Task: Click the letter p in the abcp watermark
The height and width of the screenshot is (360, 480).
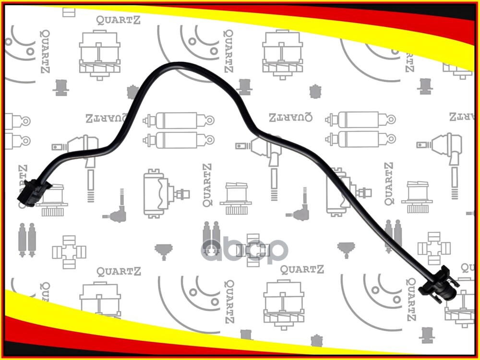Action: coord(276,251)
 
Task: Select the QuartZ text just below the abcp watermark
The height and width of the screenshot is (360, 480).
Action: coord(302,270)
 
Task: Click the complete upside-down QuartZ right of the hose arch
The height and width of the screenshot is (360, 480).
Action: coord(291,117)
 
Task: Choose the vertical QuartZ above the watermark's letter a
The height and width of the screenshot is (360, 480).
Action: coord(206,185)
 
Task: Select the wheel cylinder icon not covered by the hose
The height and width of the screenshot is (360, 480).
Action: coord(161,192)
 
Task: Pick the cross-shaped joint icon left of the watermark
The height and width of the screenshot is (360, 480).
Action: coord(69,250)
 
